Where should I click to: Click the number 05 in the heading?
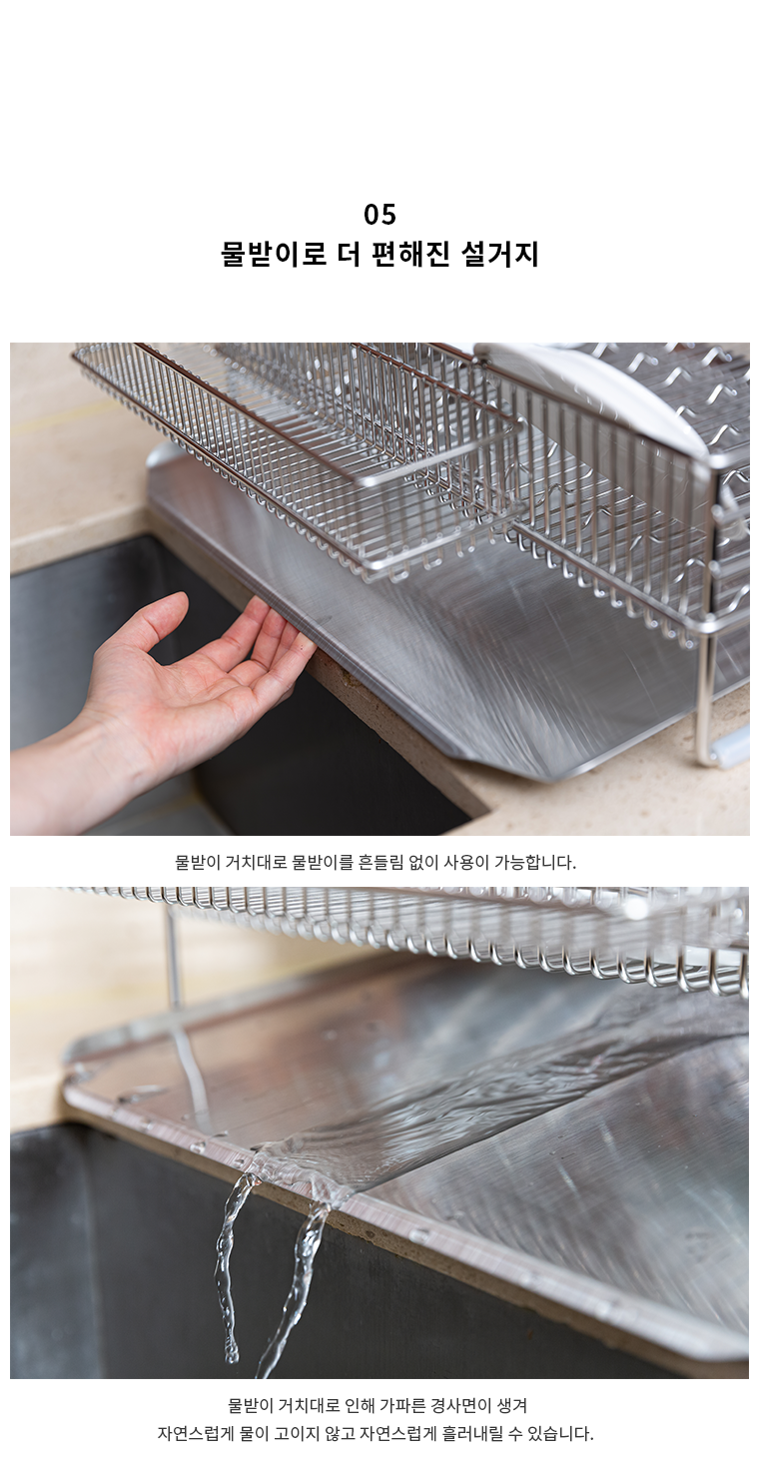tap(379, 215)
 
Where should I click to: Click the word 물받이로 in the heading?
tap(274, 254)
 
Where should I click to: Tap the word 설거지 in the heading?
tap(500, 254)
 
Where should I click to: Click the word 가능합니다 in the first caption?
tap(534, 862)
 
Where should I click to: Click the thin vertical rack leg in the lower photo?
tap(173, 955)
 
